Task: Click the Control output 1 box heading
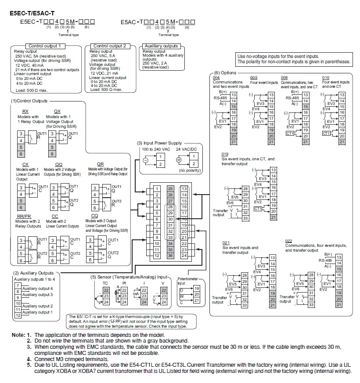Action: (x=47, y=46)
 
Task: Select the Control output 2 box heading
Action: (x=112, y=46)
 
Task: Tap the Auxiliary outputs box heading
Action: (x=162, y=46)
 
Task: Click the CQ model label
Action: (x=89, y=216)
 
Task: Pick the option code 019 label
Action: (x=225, y=154)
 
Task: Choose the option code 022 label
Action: (x=289, y=241)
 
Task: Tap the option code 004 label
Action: (x=216, y=77)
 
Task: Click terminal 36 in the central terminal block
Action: (x=170, y=255)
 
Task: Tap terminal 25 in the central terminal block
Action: (x=170, y=188)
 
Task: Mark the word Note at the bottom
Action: (x=18, y=335)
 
